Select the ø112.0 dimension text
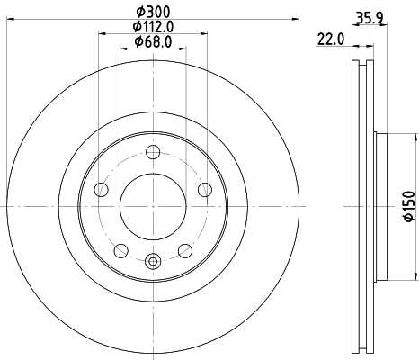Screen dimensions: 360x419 click(152, 27)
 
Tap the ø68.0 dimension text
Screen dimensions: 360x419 click(152, 41)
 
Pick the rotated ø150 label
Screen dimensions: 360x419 click(407, 205)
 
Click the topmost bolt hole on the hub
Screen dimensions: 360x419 click(152, 151)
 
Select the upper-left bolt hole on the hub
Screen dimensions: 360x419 click(101, 189)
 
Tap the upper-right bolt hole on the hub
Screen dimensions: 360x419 click(204, 189)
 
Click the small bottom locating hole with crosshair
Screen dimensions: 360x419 click(152, 261)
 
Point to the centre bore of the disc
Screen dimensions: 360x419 click(152, 205)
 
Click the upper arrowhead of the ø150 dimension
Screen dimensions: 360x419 click(415, 136)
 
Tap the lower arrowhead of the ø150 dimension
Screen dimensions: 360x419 click(415, 274)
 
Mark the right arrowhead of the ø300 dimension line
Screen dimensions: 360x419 click(295, 22)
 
